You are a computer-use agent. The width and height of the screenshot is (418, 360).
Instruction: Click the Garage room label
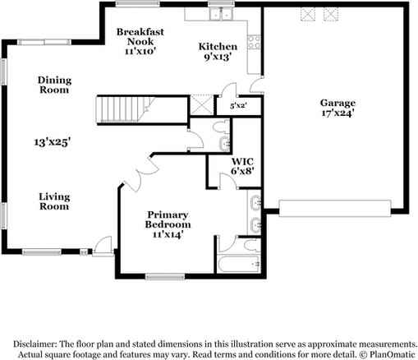[x=338, y=103]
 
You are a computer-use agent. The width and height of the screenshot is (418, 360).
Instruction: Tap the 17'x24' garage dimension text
[x=338, y=113]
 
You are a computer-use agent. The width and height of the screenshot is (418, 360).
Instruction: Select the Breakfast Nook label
[x=140, y=37]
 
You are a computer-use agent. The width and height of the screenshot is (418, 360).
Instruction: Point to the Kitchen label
[x=218, y=47]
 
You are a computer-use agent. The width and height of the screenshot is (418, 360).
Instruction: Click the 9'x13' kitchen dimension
[x=218, y=57]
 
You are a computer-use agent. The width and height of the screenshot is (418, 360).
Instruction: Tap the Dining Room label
[x=54, y=85]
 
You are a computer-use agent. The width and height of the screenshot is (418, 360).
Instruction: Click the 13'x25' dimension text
[x=53, y=142]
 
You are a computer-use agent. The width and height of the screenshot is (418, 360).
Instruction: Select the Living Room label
[x=54, y=201]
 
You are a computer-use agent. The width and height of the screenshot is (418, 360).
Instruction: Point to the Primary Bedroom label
[x=168, y=219]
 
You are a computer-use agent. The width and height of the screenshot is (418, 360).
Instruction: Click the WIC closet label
[x=242, y=161]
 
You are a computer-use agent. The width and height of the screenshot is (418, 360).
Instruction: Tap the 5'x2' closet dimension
[x=239, y=105]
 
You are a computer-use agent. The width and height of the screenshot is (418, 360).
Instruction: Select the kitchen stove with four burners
[x=254, y=43]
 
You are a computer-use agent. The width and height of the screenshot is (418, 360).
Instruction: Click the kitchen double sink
[x=221, y=14]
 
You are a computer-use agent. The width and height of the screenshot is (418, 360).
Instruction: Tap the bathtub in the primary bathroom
[x=238, y=264]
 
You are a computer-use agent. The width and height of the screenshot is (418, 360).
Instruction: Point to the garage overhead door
[x=335, y=209]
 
